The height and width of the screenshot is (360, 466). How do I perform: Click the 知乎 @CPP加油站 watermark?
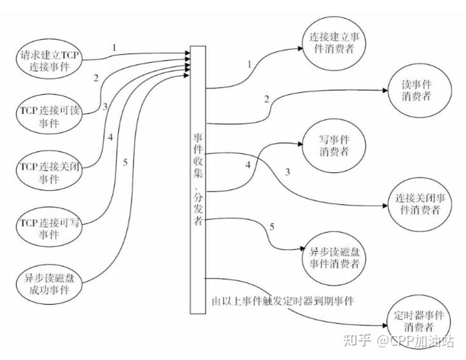(399, 342)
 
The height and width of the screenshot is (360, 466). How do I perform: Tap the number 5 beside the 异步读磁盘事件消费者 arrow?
(272, 227)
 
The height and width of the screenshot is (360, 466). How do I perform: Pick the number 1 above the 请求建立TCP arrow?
(114, 48)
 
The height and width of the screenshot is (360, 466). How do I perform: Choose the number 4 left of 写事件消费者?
(248, 166)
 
